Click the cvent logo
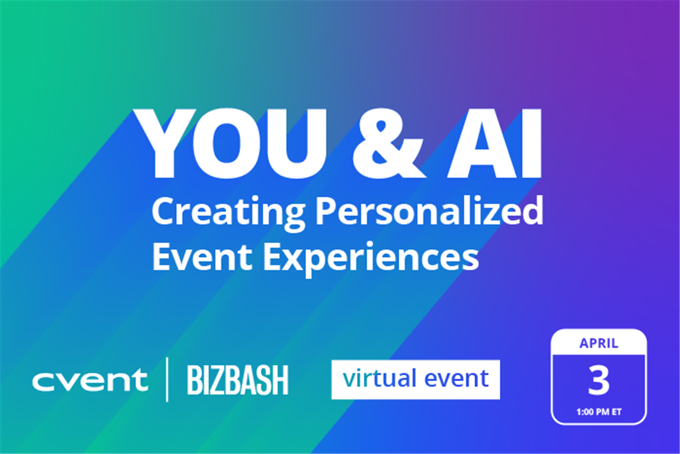90,380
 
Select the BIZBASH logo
237,380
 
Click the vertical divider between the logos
168,380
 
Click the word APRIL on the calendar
599,343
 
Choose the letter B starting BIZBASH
194,380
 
